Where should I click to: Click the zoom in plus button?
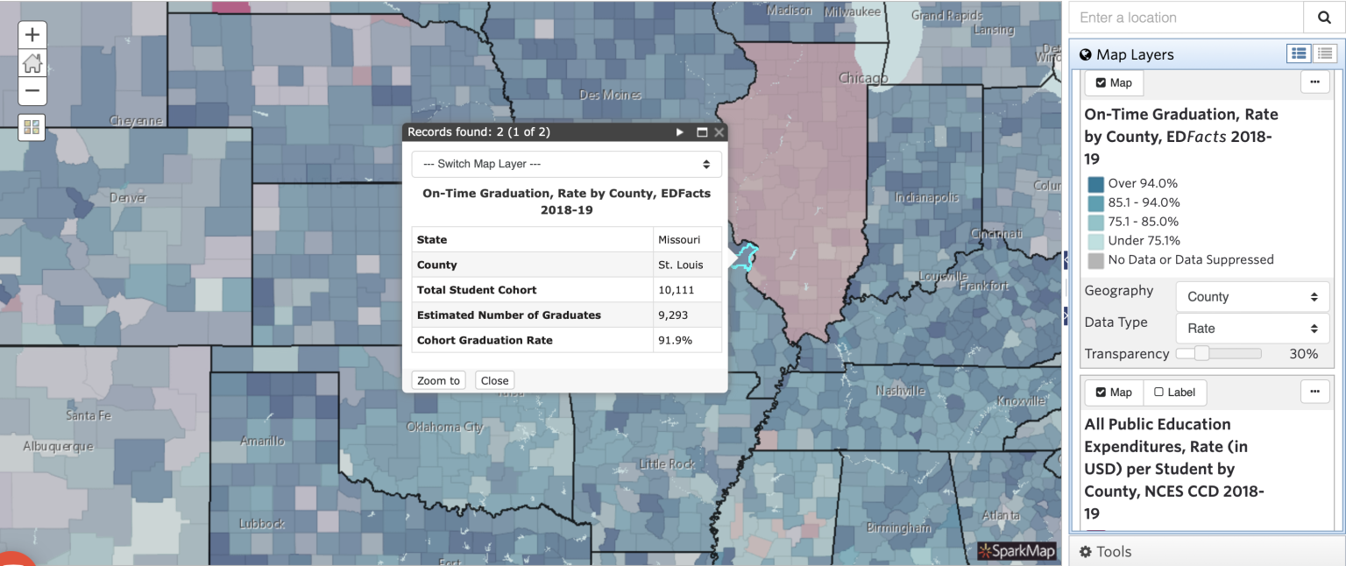(x=32, y=35)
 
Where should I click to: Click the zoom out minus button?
(x=32, y=90)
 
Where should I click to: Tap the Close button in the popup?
(x=494, y=380)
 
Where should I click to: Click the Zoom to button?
(x=438, y=380)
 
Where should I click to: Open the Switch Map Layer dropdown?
(x=566, y=164)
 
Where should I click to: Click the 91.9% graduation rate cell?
(x=687, y=340)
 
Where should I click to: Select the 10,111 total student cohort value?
(x=687, y=290)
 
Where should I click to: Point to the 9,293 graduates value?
(x=687, y=315)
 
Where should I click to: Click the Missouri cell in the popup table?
(x=687, y=239)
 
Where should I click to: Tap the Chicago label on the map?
(x=863, y=78)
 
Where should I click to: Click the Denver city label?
(x=128, y=198)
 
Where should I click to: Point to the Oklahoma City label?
(x=444, y=428)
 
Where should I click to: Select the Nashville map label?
(x=900, y=391)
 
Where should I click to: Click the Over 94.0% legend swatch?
(x=1095, y=184)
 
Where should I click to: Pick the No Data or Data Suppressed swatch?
(x=1095, y=260)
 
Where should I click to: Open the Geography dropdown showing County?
(x=1252, y=297)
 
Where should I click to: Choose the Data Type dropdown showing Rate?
(x=1252, y=329)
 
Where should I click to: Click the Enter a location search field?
(x=1183, y=18)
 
